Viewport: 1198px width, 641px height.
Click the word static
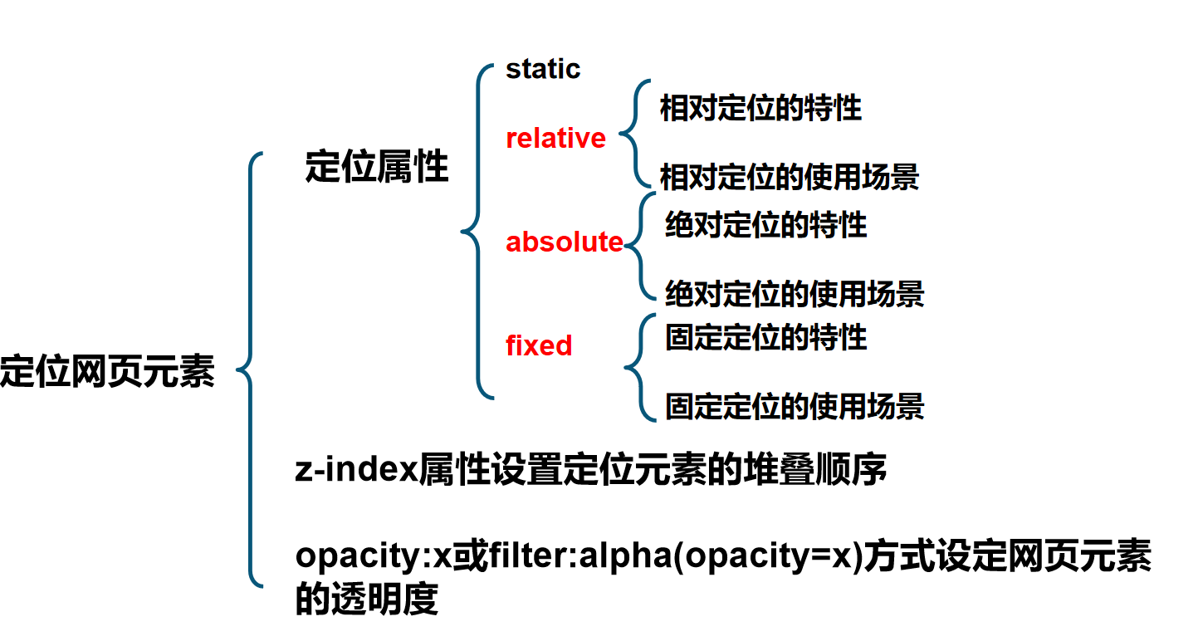543,69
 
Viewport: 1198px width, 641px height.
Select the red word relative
555,138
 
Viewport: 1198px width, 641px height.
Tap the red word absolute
564,242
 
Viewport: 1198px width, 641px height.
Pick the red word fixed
539,345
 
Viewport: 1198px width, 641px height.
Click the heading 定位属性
377,167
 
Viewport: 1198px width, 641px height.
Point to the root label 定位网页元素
107,371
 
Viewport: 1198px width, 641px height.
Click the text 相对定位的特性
760,108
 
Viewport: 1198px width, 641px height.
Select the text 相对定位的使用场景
790,177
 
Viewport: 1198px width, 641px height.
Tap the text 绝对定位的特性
765,225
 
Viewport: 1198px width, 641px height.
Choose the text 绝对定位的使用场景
795,293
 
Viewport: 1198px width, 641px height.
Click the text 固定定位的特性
765,337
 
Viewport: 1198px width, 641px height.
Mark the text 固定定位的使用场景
795,406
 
